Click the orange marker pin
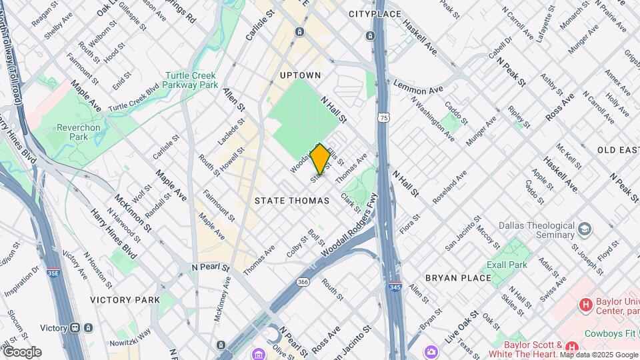tap(321, 159)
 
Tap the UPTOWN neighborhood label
tap(301, 75)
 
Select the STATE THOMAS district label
tap(292, 201)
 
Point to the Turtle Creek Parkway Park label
tap(191, 81)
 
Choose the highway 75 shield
tap(383, 117)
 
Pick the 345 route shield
tap(395, 286)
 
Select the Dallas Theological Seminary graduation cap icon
tap(585, 229)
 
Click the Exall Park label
tap(507, 265)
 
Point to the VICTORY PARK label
tap(125, 300)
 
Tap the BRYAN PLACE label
tap(458, 277)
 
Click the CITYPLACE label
tap(375, 14)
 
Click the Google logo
tap(22, 352)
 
